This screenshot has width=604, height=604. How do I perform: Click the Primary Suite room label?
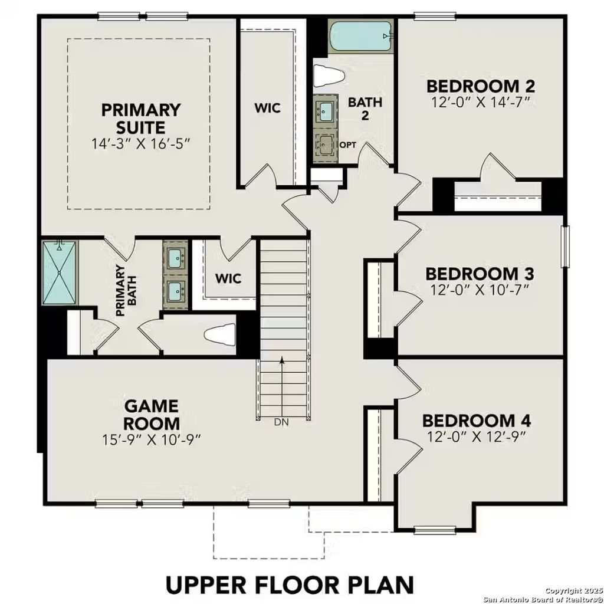[x=140, y=118]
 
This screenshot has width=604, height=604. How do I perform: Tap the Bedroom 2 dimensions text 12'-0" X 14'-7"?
[x=480, y=103]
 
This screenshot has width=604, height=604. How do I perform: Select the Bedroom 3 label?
[x=480, y=274]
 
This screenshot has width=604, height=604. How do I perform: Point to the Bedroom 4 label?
[x=477, y=421]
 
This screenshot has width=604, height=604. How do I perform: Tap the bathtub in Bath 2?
[x=360, y=37]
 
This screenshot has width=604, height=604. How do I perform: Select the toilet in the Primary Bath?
[x=221, y=335]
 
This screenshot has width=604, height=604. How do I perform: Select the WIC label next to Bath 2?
[x=267, y=109]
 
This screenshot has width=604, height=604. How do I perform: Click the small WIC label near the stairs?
[x=227, y=278]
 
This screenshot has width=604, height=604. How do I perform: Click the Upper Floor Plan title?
[x=290, y=585]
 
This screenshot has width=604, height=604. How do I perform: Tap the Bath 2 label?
[x=365, y=108]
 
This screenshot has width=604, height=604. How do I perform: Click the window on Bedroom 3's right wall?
[x=567, y=246]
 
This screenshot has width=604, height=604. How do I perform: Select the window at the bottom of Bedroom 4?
[x=434, y=530]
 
